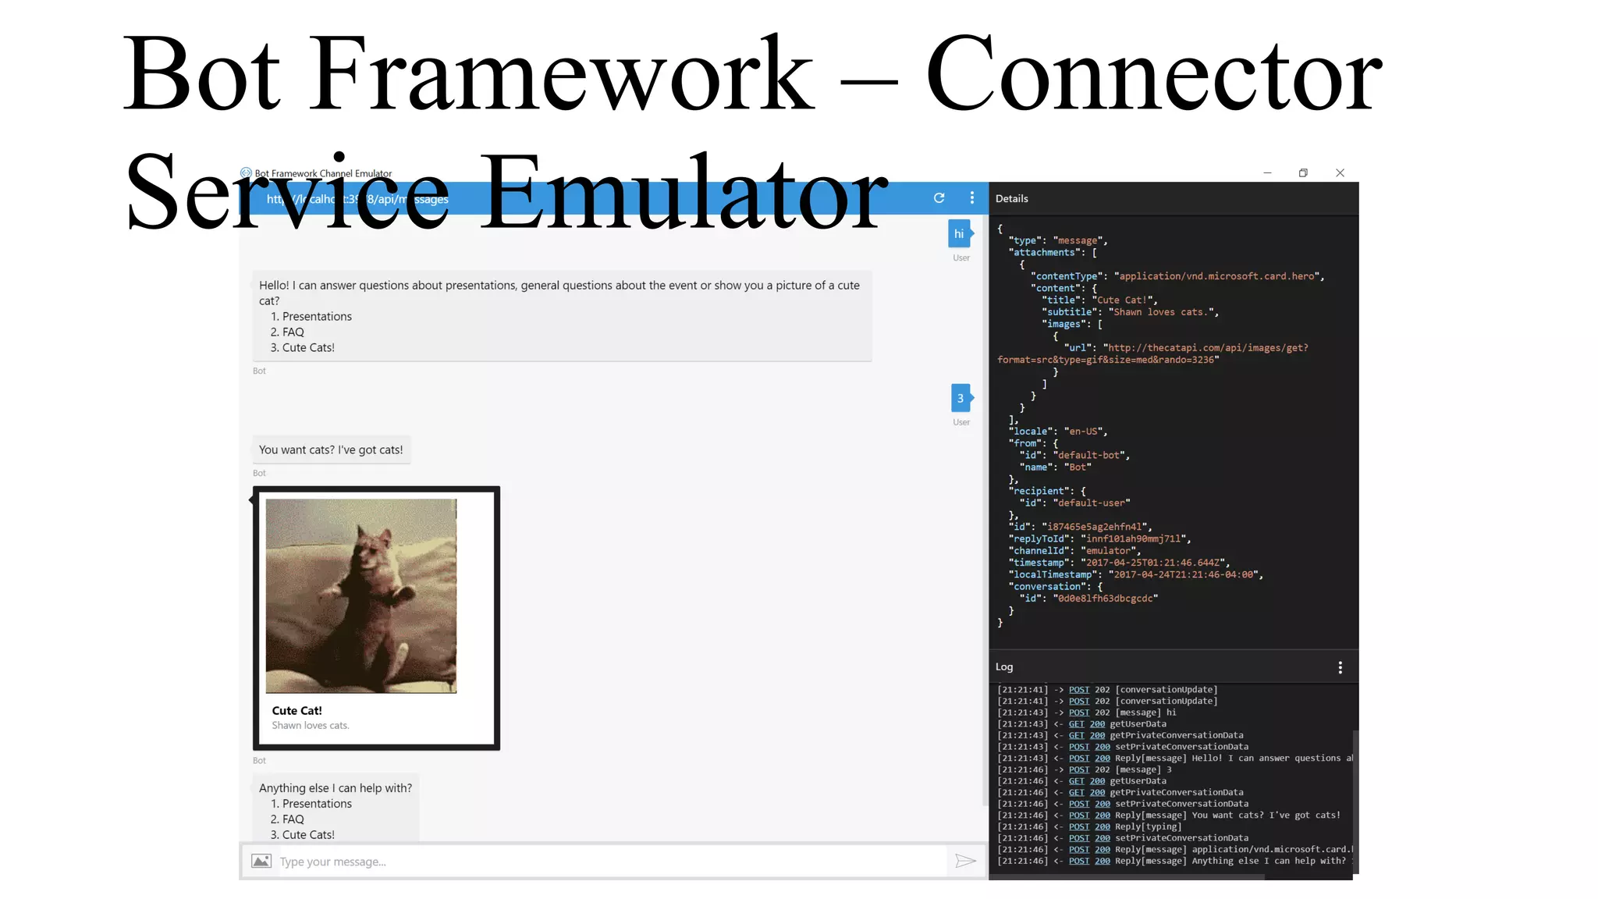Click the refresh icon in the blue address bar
coord(939,198)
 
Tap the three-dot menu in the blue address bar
coord(971,198)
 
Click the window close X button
coord(1340,173)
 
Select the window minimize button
coord(1267,173)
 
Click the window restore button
coord(1303,173)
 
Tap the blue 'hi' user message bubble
coord(959,234)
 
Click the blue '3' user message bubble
coord(961,398)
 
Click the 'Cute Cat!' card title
coord(297,710)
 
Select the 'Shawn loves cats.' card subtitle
coord(311,726)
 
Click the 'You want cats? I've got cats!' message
coord(331,450)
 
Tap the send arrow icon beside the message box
coord(965,861)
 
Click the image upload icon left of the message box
coord(261,861)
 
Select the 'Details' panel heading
coord(1011,199)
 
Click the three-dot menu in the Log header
coord(1340,668)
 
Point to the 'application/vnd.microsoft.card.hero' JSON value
coord(1217,276)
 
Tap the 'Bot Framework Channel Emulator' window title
coord(323,173)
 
